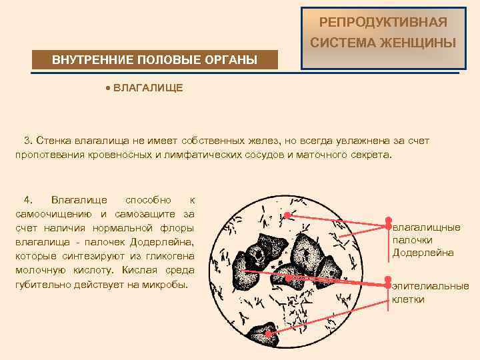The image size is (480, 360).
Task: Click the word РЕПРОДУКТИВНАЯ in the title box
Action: [x=383, y=22]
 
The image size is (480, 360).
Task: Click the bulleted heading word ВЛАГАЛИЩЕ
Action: [x=148, y=88]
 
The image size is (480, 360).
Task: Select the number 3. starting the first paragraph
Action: [x=28, y=141]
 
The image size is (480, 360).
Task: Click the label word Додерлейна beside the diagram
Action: [x=423, y=253]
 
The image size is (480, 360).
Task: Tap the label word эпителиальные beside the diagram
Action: [x=430, y=286]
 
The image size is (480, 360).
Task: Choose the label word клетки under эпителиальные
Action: [x=408, y=299]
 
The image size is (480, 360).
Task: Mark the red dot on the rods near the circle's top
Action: [x=286, y=215]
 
